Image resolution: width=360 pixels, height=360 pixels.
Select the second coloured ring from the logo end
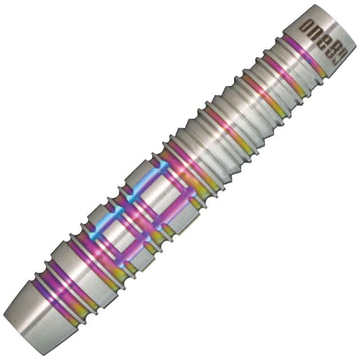[x=285, y=76]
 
